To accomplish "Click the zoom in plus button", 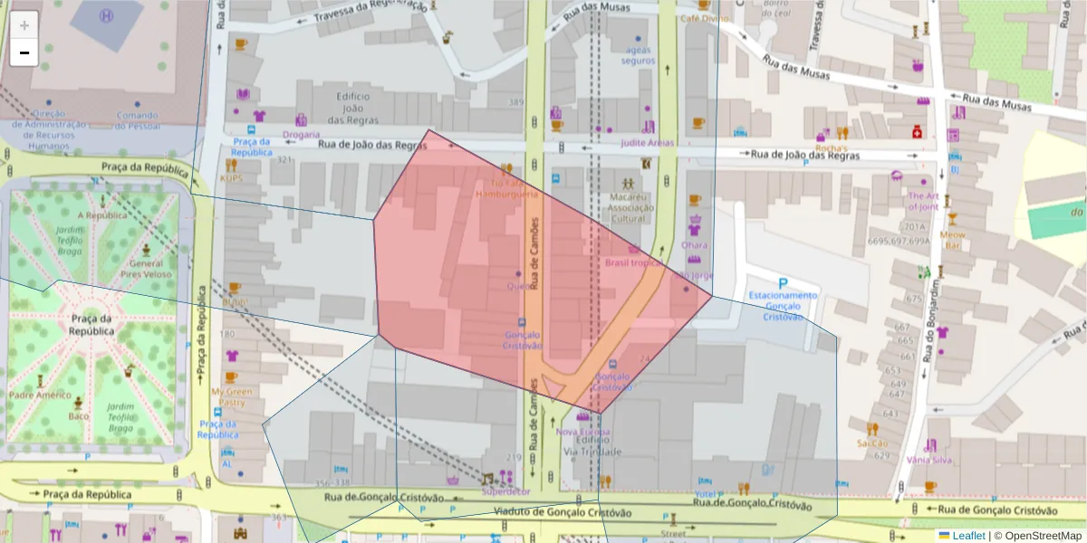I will pos(24,25).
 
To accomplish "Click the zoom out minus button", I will pos(24,53).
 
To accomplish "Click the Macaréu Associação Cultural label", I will pos(631,207).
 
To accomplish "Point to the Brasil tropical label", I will pos(634,263).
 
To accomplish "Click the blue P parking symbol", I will pos(783,283).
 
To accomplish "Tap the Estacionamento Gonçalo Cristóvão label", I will pos(783,306).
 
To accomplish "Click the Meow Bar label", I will pos(952,240).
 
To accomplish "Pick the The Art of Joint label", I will pos(923,202).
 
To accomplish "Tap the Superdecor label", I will pos(506,491).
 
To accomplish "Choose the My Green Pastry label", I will pos(232,396).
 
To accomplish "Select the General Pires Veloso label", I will pos(144,267).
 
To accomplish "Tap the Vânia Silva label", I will pos(929,460).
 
